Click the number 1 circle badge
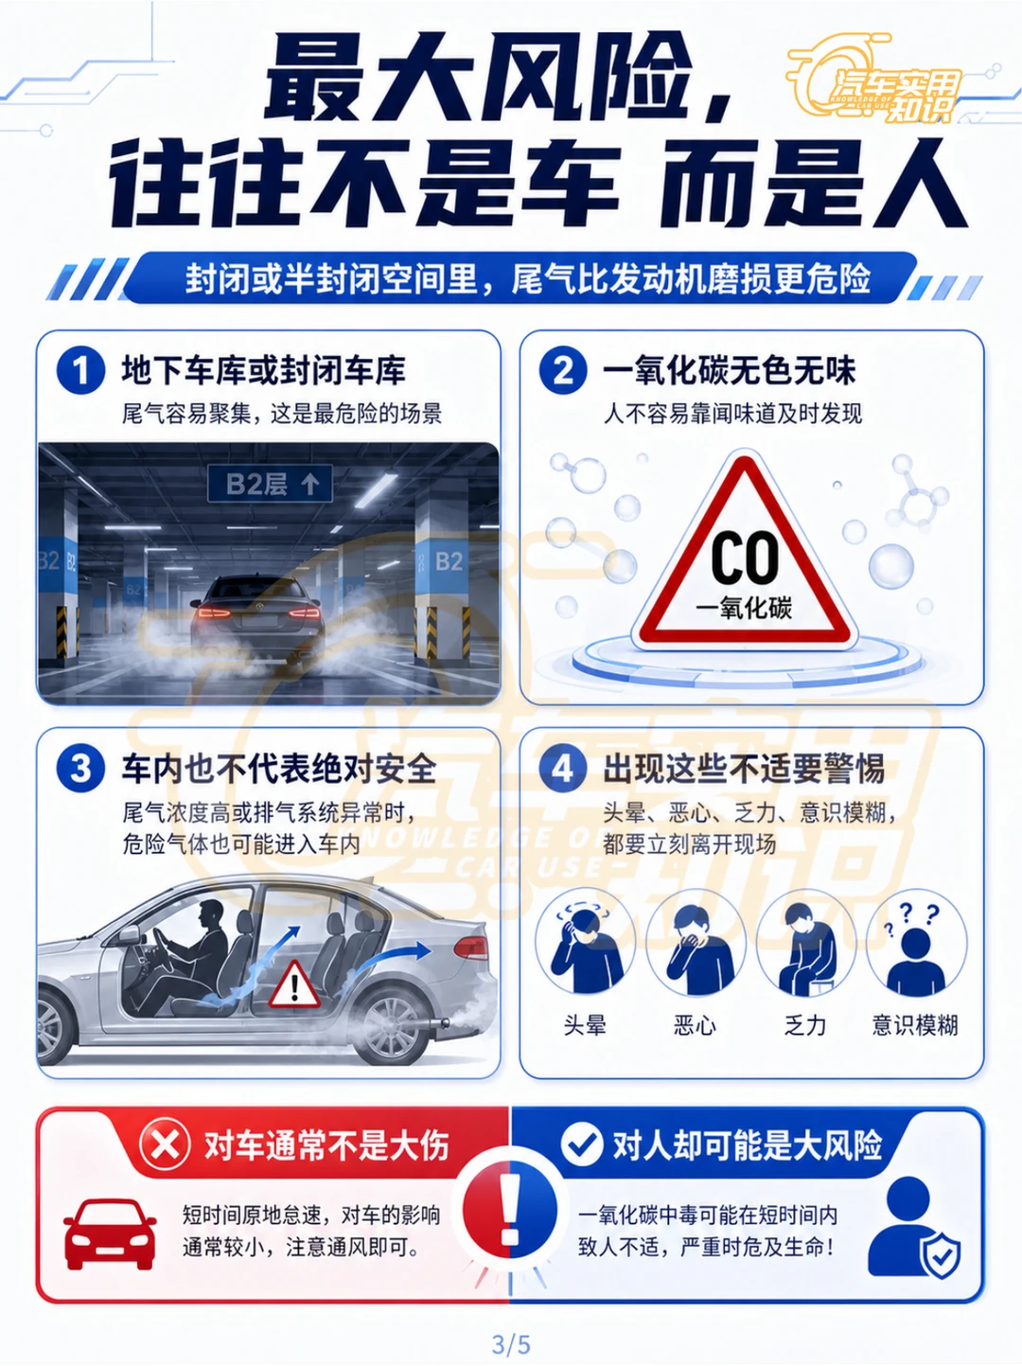click(80, 370)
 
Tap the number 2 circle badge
click(564, 370)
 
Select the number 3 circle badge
click(80, 769)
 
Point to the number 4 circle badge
click(564, 769)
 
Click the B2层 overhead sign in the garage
click(270, 483)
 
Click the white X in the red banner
click(165, 1144)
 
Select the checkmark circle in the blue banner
click(582, 1144)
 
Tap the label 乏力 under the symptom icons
click(805, 1025)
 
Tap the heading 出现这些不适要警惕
click(744, 770)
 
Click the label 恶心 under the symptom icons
click(695, 1025)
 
